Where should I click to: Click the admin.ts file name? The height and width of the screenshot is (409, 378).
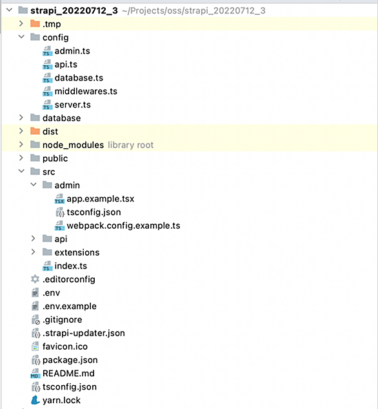coord(72,51)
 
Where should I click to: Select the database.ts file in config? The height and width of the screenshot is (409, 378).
coord(79,78)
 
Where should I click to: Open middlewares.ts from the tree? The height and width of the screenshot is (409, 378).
coord(86,91)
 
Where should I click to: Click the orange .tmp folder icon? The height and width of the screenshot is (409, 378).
coord(35,23)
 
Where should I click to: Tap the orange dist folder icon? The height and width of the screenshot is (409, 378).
coord(35,131)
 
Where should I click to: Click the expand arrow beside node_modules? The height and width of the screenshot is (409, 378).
coord(21,144)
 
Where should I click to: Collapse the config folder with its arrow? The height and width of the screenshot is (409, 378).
coord(21,37)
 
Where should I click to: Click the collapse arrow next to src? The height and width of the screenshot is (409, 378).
coord(21,171)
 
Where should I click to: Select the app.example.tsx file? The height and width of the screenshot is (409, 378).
coord(101,199)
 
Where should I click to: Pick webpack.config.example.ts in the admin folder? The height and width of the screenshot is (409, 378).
coord(123,225)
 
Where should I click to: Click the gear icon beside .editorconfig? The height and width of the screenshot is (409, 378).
coord(35,279)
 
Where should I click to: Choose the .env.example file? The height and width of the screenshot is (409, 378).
coord(70,306)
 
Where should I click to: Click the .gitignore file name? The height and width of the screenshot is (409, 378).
coord(62,319)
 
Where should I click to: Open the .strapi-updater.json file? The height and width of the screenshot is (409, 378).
coord(84,333)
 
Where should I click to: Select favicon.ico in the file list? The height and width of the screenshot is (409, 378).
coord(65,347)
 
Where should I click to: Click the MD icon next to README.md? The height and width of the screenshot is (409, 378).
coord(35,374)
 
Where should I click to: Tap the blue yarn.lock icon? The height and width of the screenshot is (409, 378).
coord(35,400)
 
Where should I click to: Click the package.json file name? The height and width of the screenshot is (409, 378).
coord(70,360)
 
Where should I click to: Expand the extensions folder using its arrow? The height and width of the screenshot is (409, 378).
coord(33,252)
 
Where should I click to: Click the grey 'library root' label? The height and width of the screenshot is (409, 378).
coord(130,145)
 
